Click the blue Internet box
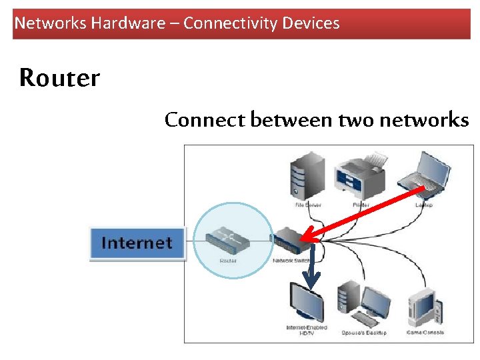137,243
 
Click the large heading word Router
59,78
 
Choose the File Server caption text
307,205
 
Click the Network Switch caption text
291,261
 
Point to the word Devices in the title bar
311,23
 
